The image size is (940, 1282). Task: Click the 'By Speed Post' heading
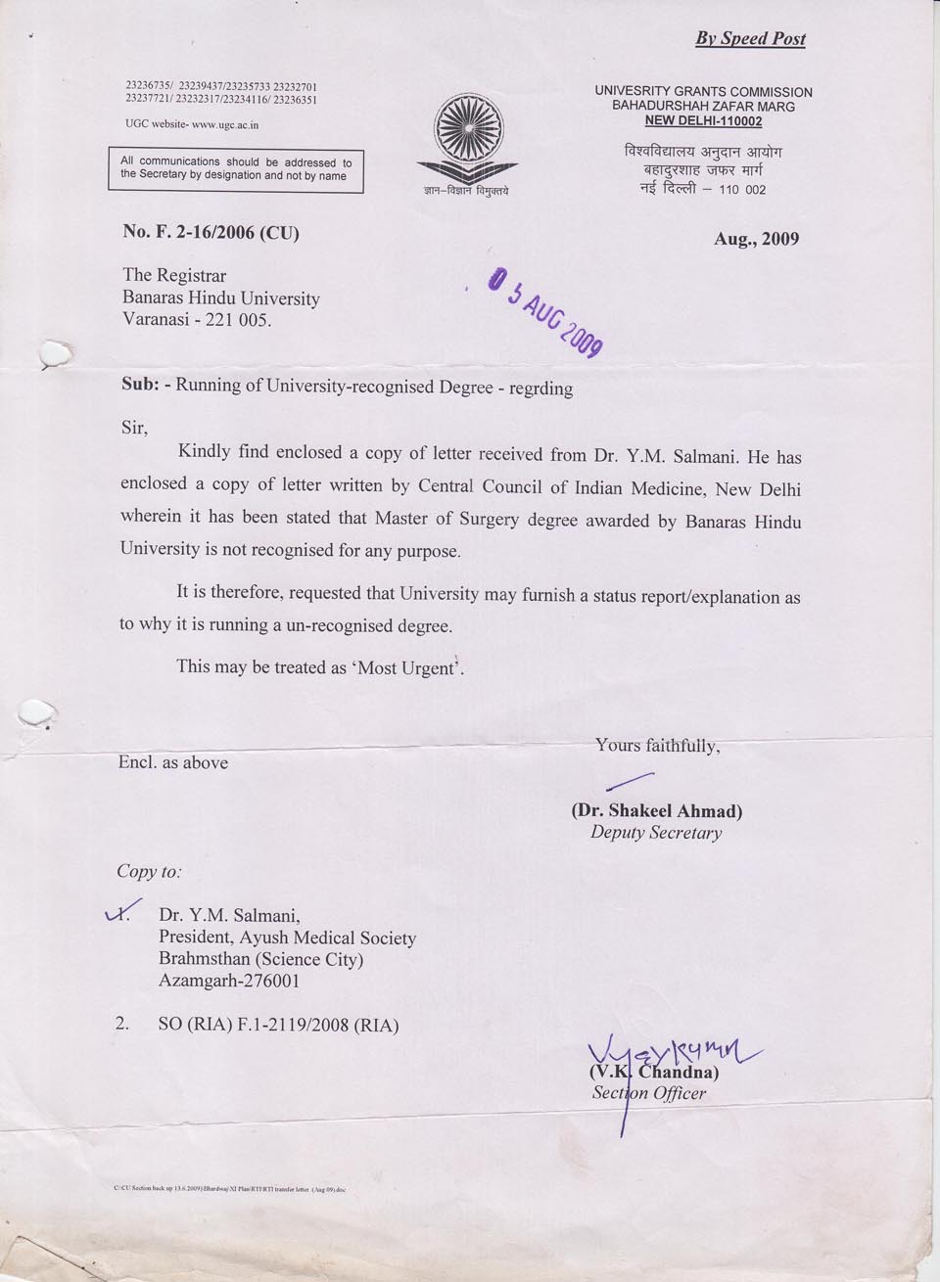click(x=750, y=38)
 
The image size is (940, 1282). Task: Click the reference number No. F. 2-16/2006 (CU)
click(x=211, y=233)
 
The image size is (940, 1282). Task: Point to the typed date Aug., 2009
click(x=756, y=238)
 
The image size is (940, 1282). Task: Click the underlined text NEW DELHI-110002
click(x=703, y=121)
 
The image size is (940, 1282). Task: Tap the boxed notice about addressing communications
click(x=235, y=169)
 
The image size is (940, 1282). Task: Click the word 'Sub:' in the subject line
click(x=140, y=385)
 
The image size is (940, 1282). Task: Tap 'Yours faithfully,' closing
click(x=657, y=746)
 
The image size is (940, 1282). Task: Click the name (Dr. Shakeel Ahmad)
click(x=656, y=811)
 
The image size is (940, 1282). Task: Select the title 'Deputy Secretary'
click(x=655, y=833)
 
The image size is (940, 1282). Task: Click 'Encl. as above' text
click(x=173, y=762)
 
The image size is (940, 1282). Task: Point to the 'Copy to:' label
click(x=149, y=871)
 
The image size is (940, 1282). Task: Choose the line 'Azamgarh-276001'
click(x=229, y=981)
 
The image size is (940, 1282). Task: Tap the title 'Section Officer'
click(x=648, y=1093)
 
